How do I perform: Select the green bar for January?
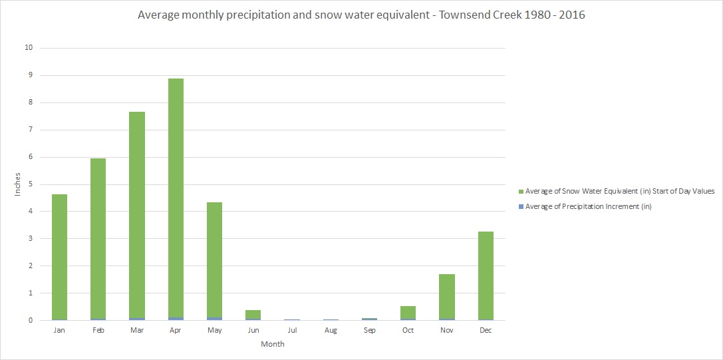tap(59, 256)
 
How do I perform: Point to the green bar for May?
tap(214, 260)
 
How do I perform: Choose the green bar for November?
tap(447, 296)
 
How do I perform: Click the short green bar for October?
tap(408, 312)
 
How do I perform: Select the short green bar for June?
tap(253, 314)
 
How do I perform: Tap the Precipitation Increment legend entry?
tap(588, 206)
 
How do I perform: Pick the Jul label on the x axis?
tap(292, 331)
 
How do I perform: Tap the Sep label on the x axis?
tap(369, 331)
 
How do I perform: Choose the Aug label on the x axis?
tap(331, 331)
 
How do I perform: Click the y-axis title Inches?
tap(18, 184)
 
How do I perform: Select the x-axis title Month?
tap(273, 344)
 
